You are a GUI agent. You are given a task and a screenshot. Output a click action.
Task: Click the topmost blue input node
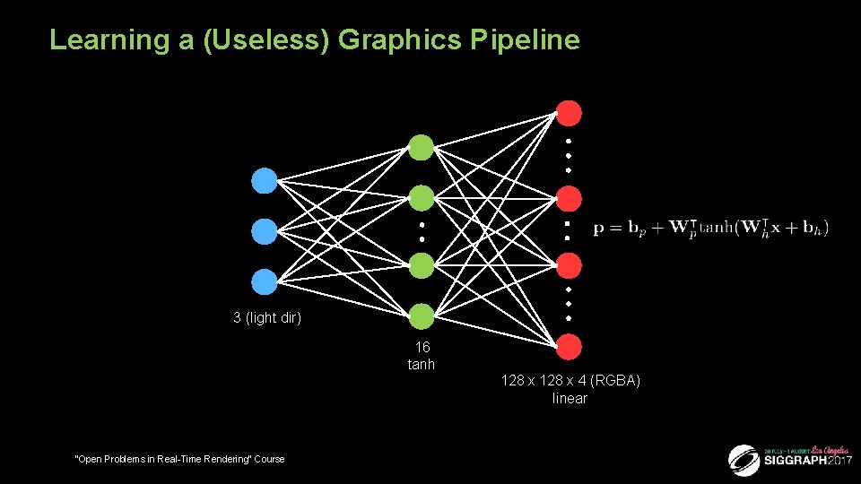point(264,181)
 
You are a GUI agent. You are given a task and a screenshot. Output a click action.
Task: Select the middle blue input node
point(264,231)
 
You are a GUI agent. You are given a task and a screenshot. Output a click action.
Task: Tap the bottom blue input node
point(264,282)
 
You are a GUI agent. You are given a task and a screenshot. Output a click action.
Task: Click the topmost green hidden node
point(421,147)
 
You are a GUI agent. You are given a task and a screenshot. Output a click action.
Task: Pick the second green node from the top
point(421,197)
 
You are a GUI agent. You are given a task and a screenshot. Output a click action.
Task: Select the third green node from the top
point(421,265)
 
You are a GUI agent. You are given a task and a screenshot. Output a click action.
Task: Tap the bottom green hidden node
point(421,315)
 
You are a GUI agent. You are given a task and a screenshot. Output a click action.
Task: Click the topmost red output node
point(569,113)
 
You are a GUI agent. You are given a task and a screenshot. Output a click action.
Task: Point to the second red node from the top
point(569,197)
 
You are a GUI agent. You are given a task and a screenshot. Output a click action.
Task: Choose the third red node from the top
point(569,265)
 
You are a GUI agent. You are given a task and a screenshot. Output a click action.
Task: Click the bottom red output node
point(569,346)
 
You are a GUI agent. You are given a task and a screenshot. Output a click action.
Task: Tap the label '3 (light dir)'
point(267,318)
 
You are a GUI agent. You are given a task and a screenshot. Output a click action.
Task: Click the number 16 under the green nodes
point(422,348)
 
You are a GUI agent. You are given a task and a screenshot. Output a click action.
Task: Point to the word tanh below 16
point(422,364)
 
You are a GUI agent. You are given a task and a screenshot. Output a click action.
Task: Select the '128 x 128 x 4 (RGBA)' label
point(570,381)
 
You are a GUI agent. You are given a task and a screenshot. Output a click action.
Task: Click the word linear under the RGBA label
point(570,398)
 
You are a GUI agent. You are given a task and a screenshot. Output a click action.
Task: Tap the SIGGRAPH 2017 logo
point(789,459)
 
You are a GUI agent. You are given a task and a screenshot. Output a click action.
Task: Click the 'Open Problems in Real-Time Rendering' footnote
point(179,459)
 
